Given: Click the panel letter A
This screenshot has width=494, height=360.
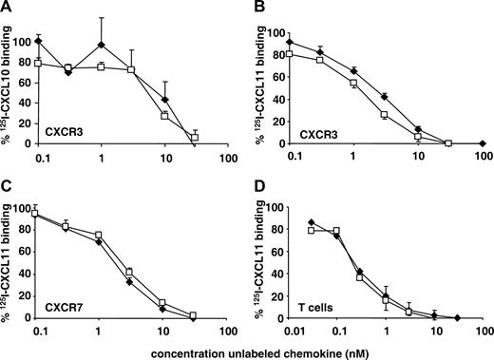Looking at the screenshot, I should (x=7, y=8).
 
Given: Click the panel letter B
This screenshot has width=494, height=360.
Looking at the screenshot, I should (x=256, y=8).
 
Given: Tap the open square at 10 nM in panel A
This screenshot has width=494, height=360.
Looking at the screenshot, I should (x=165, y=115).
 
